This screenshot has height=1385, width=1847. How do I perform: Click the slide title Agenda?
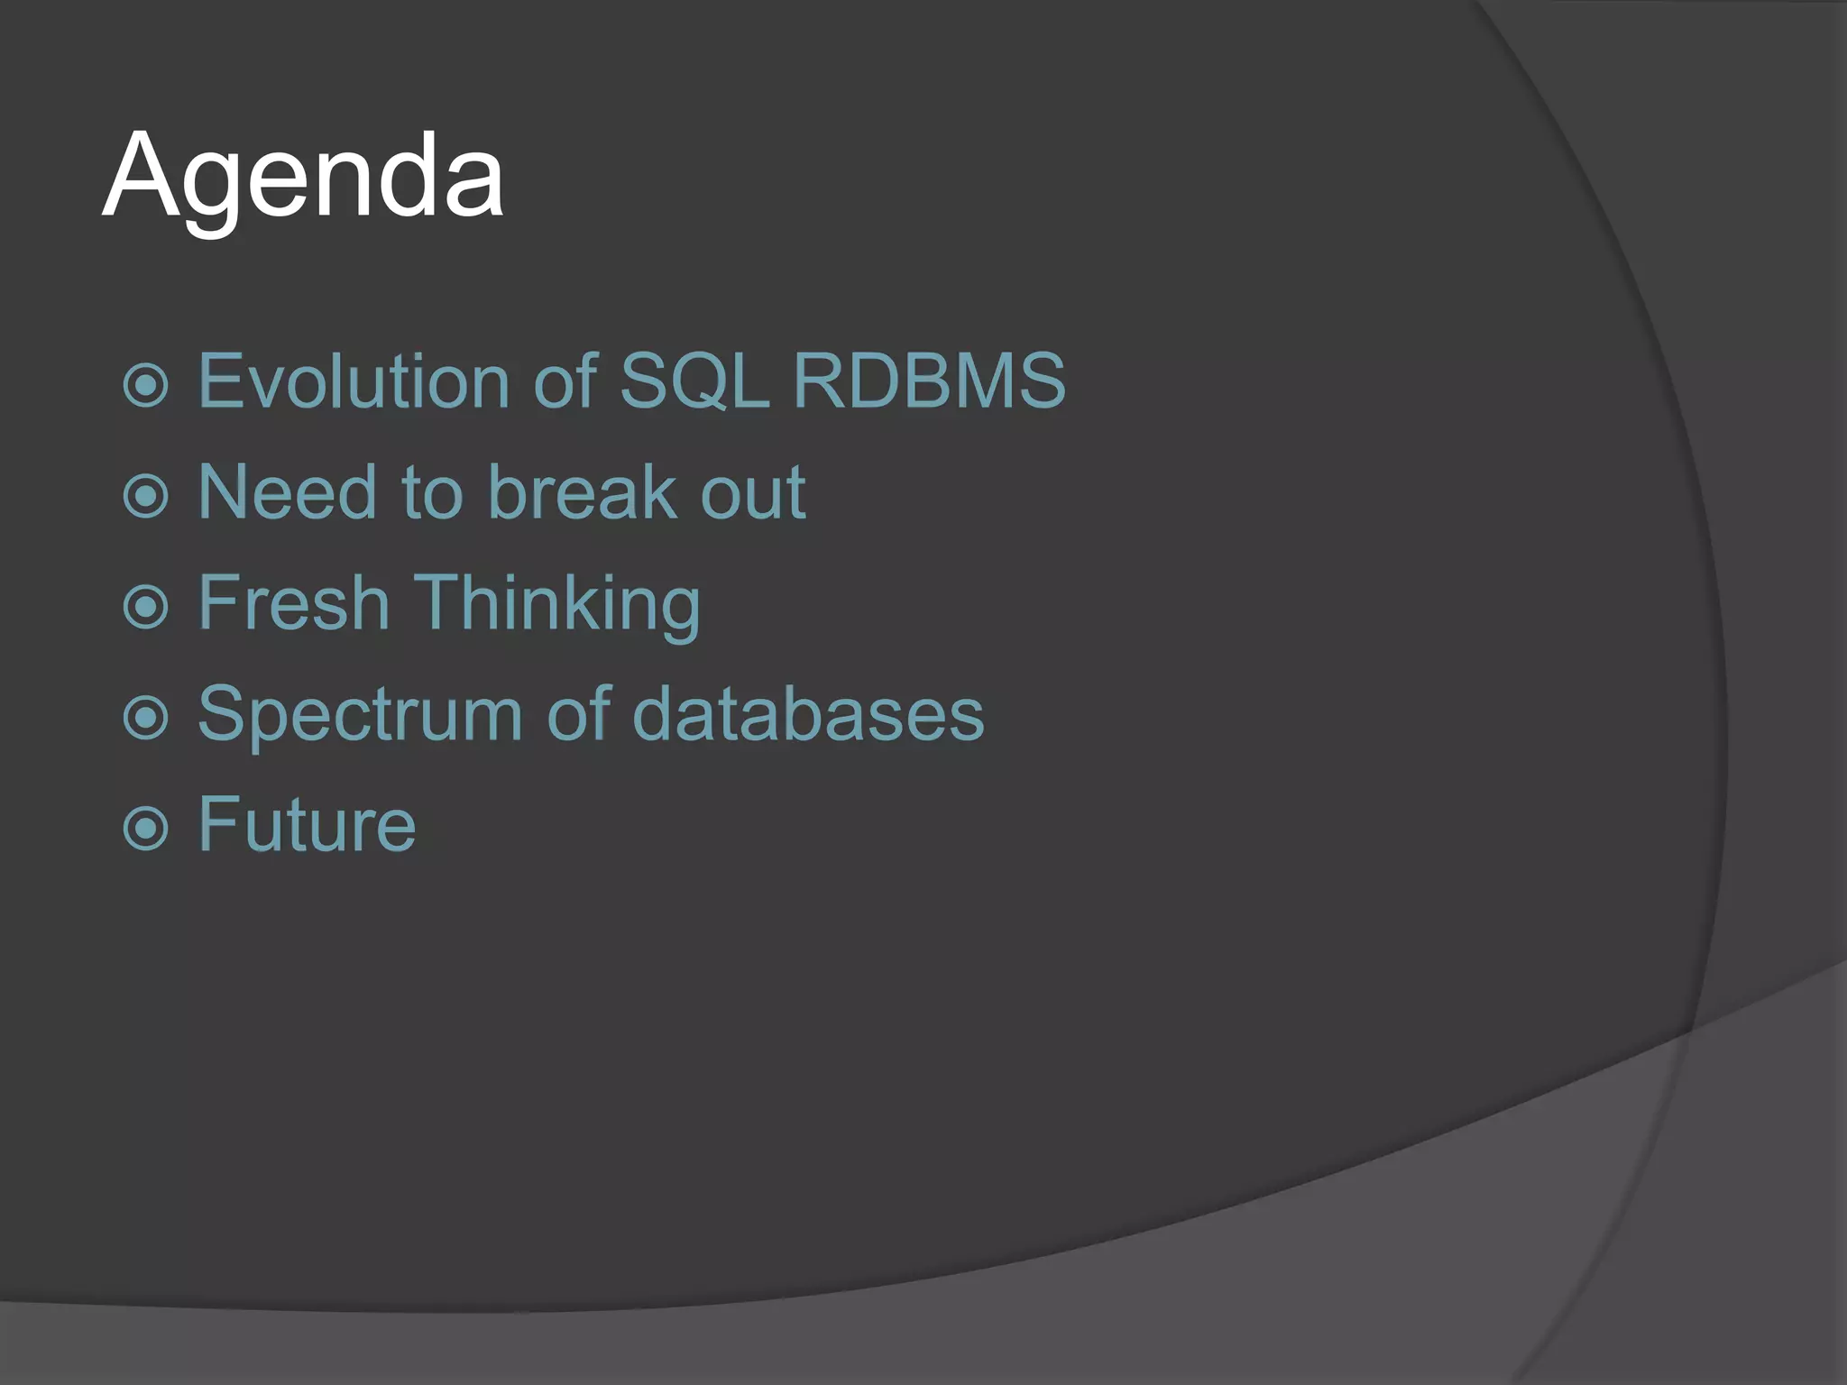pos(303,176)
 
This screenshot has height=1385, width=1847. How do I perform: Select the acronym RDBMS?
pos(929,381)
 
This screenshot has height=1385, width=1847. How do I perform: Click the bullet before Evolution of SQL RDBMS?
pos(145,385)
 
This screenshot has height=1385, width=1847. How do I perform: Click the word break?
pos(583,492)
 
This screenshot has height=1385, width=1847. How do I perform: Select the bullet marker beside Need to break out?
pos(145,496)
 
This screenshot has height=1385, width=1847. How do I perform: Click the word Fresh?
pos(293,602)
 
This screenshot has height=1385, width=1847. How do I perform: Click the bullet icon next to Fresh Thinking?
pos(145,607)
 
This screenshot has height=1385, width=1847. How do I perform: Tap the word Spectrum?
pos(360,715)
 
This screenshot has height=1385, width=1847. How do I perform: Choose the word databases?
pos(808,713)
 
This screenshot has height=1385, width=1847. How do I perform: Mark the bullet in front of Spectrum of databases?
pos(145,718)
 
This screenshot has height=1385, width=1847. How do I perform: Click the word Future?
pos(307,824)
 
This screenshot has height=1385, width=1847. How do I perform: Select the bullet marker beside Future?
pos(145,829)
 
